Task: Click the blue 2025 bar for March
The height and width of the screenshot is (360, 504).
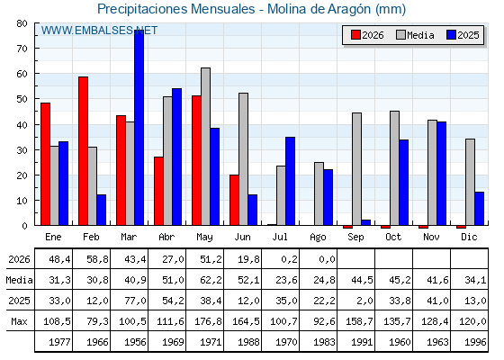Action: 139,128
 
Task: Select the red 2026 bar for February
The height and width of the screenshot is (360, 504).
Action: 83,151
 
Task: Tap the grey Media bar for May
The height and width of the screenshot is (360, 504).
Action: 206,146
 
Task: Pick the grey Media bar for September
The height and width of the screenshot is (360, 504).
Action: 356,169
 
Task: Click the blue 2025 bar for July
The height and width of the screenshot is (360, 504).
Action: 290,181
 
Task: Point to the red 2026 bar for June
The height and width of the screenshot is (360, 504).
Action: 234,200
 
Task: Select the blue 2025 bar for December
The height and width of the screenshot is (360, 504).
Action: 479,209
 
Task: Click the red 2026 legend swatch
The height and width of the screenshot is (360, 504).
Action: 355,35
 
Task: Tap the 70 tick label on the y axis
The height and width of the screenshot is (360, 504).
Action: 22,49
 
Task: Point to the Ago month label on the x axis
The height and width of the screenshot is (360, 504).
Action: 318,238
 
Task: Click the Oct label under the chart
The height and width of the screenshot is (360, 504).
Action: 393,237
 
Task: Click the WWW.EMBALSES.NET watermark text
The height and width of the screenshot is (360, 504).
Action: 99,31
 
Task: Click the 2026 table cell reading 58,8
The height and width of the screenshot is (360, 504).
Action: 98,259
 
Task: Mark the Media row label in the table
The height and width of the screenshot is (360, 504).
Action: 19,280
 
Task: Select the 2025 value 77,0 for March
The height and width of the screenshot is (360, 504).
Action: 135,301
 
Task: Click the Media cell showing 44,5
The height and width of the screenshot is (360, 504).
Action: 362,280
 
